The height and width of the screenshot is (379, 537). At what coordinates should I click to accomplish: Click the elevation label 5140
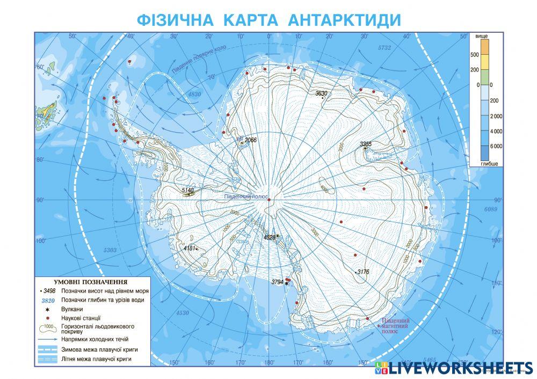coord(188,190)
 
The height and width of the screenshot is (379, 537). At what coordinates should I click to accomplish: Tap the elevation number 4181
coord(189,248)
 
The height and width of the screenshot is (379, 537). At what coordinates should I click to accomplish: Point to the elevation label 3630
coord(321,93)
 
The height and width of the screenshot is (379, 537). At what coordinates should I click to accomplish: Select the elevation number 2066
coord(251,140)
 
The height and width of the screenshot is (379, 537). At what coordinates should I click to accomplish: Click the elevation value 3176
coord(363,272)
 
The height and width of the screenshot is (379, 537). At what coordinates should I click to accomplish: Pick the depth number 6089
coord(491,209)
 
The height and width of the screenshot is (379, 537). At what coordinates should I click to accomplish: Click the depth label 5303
coord(110,250)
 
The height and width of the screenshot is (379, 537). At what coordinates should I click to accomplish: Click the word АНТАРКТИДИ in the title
coord(344,20)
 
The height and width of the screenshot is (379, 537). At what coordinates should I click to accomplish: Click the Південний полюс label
coord(246,197)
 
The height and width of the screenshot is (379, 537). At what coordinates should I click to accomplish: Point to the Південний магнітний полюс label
coord(395,326)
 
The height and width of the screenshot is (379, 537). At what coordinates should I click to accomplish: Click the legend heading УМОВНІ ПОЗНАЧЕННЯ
coord(90,281)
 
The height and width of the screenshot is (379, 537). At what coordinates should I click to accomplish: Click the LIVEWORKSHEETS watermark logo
coord(453,368)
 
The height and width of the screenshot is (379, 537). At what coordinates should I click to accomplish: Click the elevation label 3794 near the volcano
coord(277,281)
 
